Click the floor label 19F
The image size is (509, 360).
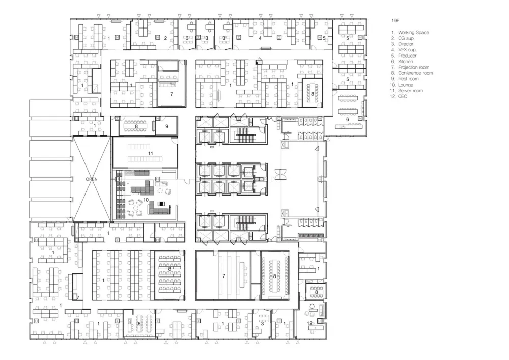coord(395,21)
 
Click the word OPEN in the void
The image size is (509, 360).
coord(92,179)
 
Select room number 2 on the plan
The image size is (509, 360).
coord(165,38)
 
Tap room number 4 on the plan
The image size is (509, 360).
coord(260,38)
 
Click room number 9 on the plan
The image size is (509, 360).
coord(167,126)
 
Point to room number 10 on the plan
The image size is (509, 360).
coord(146,200)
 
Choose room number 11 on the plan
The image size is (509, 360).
coord(150,153)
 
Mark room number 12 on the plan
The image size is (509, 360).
coord(309,323)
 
